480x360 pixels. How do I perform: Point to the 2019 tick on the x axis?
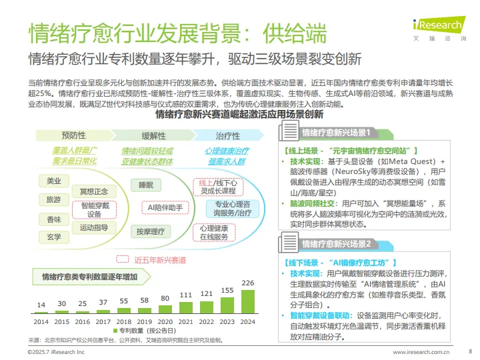coord(145,321)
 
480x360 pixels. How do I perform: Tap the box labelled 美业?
coord(53,181)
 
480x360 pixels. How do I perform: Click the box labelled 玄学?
coord(53,237)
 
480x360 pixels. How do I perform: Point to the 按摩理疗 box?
coord(150,231)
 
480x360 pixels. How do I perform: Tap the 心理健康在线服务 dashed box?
coord(214,232)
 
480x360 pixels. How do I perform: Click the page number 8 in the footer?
coord(470,351)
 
